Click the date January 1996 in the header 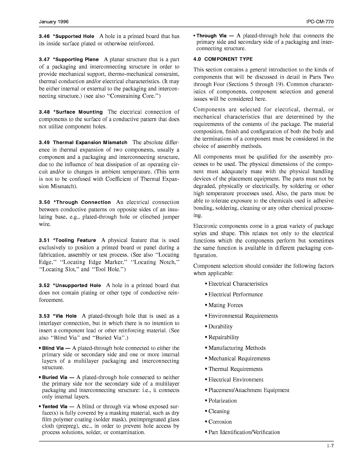coord(54,22)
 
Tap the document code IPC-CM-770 coord(320,22)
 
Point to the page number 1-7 coord(330,446)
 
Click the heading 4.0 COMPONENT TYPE coord(223,59)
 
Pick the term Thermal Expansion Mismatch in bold coord(90,143)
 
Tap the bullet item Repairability coord(223,337)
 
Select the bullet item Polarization coord(222,401)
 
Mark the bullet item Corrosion coord(220,422)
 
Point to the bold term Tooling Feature coord(76,240)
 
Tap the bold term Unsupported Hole coord(79,286)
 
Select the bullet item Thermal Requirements coord(236,369)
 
